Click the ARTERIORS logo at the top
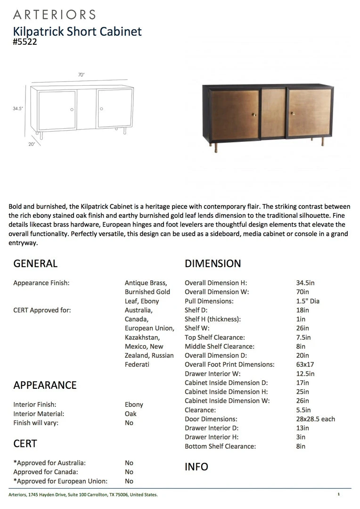54,15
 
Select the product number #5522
25,41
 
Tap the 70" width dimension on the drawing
81,75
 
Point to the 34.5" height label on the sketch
18,108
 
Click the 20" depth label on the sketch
32,144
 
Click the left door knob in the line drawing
72,109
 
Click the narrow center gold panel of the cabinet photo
273,113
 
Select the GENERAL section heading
35,263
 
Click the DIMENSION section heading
213,263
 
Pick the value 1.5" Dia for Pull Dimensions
308,301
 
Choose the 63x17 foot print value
305,364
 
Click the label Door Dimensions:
211,419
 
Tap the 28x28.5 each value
315,419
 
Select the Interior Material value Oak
131,414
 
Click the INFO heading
196,467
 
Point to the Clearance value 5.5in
303,410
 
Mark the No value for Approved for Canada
129,472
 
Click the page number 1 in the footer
338,494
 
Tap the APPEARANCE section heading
45,385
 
